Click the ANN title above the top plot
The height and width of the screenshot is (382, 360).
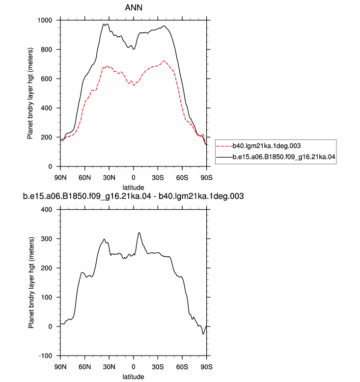pyautogui.click(x=134, y=7)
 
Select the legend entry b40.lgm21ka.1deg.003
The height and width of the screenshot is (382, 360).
pyautogui.click(x=267, y=146)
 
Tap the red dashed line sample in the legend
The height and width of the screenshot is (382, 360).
pyautogui.click(x=224, y=146)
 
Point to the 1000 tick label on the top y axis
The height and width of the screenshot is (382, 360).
pyautogui.click(x=45, y=20)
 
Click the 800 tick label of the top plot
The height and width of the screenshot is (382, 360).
pyautogui.click(x=47, y=50)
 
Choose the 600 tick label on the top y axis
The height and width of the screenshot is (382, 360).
pyautogui.click(x=47, y=79)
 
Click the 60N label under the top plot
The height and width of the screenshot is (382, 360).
pyautogui.click(x=84, y=178)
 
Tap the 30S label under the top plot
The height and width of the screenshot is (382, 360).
pyautogui.click(x=158, y=178)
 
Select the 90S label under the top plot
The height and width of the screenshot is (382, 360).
pyautogui.click(x=206, y=178)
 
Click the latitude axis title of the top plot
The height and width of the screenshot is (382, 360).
pyautogui.click(x=133, y=188)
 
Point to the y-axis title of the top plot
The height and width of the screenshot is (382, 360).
pyautogui.click(x=30, y=93)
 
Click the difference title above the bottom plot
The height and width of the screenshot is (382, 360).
pyautogui.click(x=133, y=196)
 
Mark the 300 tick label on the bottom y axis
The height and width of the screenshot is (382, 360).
pyautogui.click(x=47, y=239)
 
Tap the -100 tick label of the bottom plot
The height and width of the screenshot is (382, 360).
pyautogui.click(x=46, y=356)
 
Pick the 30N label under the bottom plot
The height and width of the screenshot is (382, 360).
pyautogui.click(x=109, y=367)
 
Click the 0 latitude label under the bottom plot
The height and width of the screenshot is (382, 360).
pyautogui.click(x=133, y=367)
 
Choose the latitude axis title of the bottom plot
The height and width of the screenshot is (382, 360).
pyautogui.click(x=133, y=377)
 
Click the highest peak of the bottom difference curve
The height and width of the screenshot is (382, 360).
pyautogui.click(x=139, y=233)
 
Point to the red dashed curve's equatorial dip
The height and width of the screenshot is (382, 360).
pyautogui.click(x=134, y=85)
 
